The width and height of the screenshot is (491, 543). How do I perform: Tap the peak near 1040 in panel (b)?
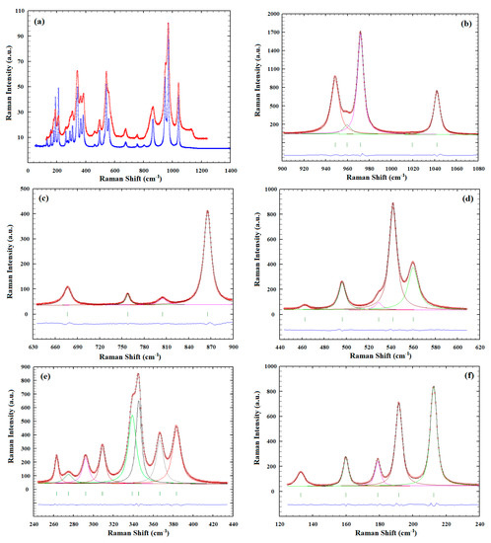pyautogui.click(x=437, y=92)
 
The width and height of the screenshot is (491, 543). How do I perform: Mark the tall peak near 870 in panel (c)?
pyautogui.click(x=207, y=211)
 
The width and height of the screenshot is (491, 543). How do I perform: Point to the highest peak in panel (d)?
pyautogui.click(x=392, y=204)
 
